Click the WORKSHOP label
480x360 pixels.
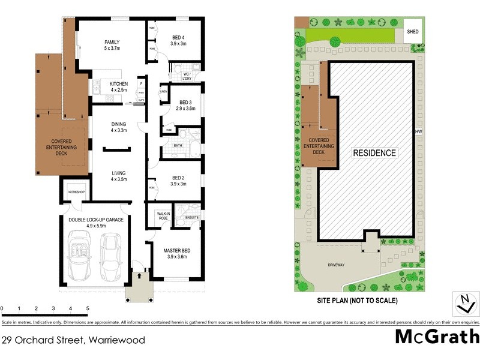click(x=76, y=192)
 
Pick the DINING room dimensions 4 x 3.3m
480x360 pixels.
click(x=118, y=130)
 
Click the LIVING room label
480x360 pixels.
click(x=118, y=173)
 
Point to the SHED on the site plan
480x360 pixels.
click(x=413, y=32)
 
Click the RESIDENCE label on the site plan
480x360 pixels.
click(x=374, y=153)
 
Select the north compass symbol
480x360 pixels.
click(x=463, y=304)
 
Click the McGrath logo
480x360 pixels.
click(x=437, y=336)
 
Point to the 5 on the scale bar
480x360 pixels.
click(x=88, y=308)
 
